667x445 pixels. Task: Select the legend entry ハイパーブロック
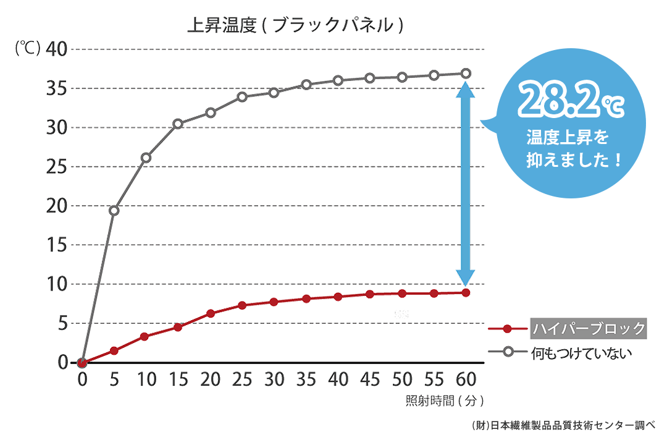click(588, 328)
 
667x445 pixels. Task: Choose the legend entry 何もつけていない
click(581, 352)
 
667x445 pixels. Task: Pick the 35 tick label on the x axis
click(306, 379)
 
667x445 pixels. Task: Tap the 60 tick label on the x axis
click(465, 379)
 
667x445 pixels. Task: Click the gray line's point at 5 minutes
click(114, 211)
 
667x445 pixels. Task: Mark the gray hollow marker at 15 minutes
click(178, 124)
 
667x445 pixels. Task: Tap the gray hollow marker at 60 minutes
click(466, 73)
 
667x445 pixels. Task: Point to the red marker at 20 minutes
click(210, 313)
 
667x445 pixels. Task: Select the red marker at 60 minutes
click(466, 292)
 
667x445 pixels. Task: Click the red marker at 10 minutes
click(146, 337)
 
